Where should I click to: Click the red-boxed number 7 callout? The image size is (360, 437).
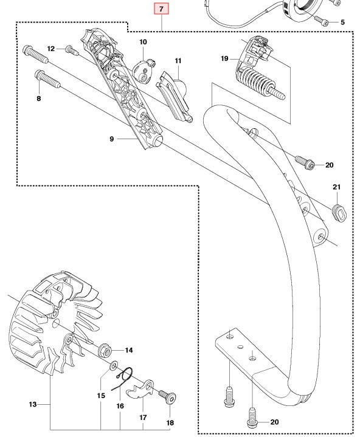point(161,9)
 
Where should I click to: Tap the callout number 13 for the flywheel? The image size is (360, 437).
point(33,404)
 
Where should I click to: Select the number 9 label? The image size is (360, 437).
point(112,139)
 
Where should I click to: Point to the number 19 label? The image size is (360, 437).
point(224,58)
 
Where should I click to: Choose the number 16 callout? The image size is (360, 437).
point(120,405)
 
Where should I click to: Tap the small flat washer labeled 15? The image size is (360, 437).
point(114,368)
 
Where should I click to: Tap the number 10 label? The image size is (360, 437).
point(143,42)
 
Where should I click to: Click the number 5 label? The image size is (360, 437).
point(342,22)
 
